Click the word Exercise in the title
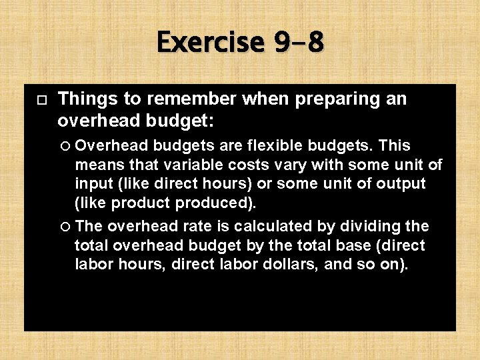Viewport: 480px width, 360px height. tap(209, 43)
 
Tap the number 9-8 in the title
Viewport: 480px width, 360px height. tap(298, 43)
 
